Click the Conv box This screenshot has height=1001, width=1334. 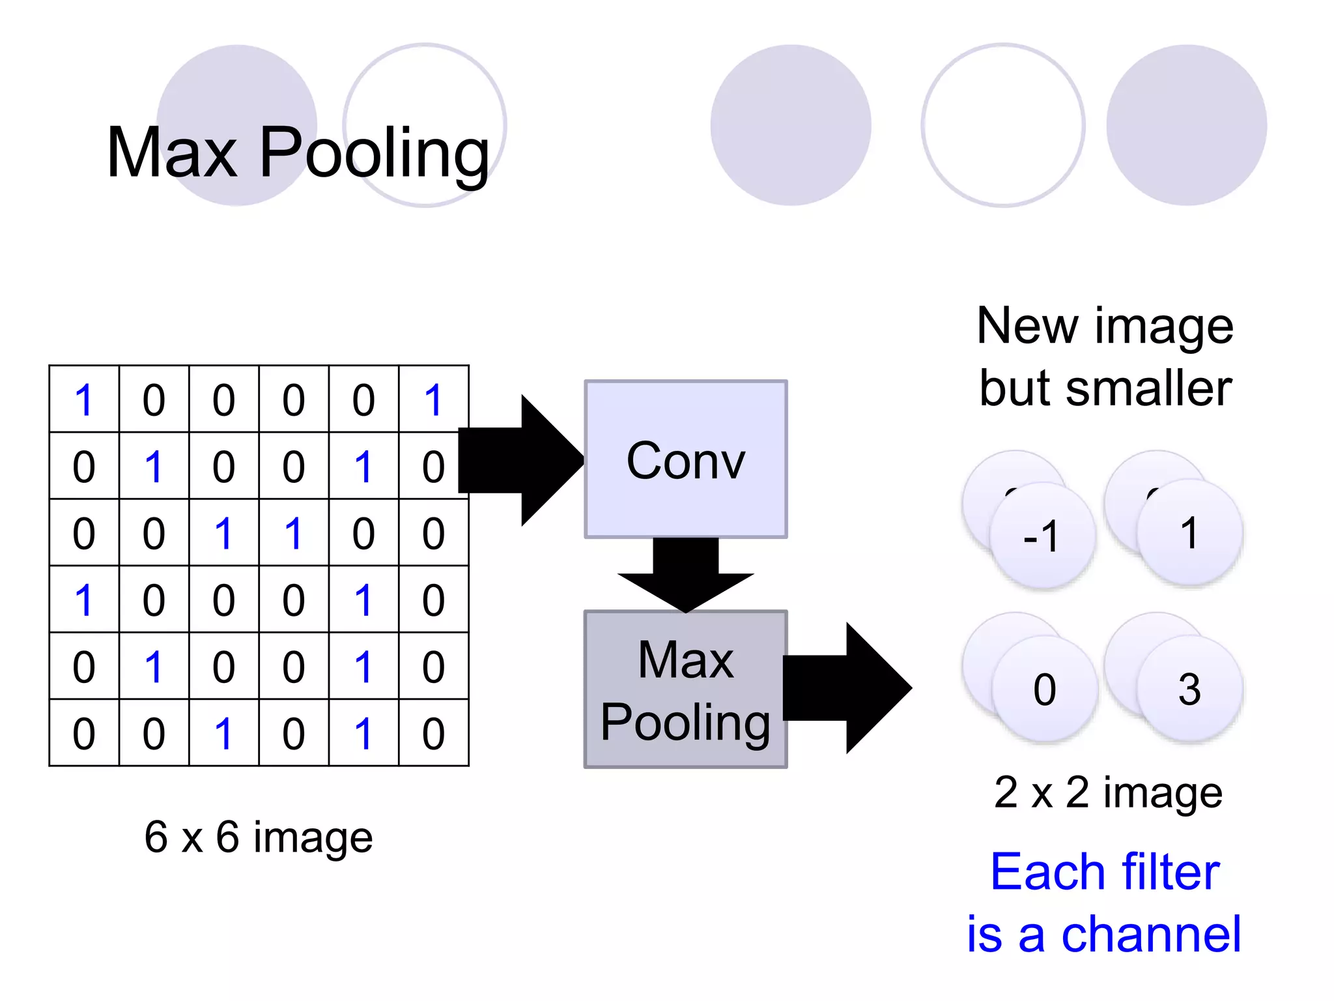[685, 459]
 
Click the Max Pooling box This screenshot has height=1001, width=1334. [685, 689]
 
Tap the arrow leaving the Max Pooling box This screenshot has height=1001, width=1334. [847, 688]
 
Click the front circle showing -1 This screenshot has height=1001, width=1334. [1042, 536]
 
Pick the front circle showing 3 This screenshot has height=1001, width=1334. [1189, 689]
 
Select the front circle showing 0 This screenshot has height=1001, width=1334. [1045, 689]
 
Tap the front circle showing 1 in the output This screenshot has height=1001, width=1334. [1189, 533]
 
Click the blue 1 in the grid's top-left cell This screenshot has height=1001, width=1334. [84, 399]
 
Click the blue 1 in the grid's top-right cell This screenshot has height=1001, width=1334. [433, 399]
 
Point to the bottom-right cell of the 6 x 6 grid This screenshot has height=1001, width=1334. [433, 734]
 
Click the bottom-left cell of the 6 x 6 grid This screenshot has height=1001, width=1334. [84, 734]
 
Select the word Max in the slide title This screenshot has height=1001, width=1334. [172, 153]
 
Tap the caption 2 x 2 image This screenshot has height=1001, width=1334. [1108, 792]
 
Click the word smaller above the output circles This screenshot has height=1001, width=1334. [1148, 389]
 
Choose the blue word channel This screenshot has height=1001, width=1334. [1151, 935]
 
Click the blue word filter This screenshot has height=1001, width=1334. [1162, 872]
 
